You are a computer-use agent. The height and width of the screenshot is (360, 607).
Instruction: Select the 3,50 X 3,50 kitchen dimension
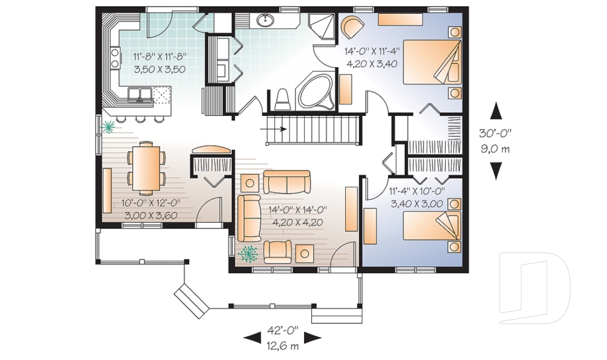coord(159,70)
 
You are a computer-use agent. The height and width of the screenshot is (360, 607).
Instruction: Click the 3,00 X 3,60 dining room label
coord(150,216)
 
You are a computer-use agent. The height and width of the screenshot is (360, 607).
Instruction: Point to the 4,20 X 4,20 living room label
coord(297,222)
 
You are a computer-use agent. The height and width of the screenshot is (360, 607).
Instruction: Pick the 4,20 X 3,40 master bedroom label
coord(371,63)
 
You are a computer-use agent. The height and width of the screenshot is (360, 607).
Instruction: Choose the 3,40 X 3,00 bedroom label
coord(415,203)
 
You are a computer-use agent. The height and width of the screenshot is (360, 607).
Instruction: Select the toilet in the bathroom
coord(282,99)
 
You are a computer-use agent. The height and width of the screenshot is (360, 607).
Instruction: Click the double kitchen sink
coord(140,95)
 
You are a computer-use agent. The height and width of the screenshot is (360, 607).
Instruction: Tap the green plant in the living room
coord(248,253)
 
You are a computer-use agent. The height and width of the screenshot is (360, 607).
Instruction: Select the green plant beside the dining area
coord(109,127)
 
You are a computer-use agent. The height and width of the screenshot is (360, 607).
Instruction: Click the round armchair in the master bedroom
coord(352,28)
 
